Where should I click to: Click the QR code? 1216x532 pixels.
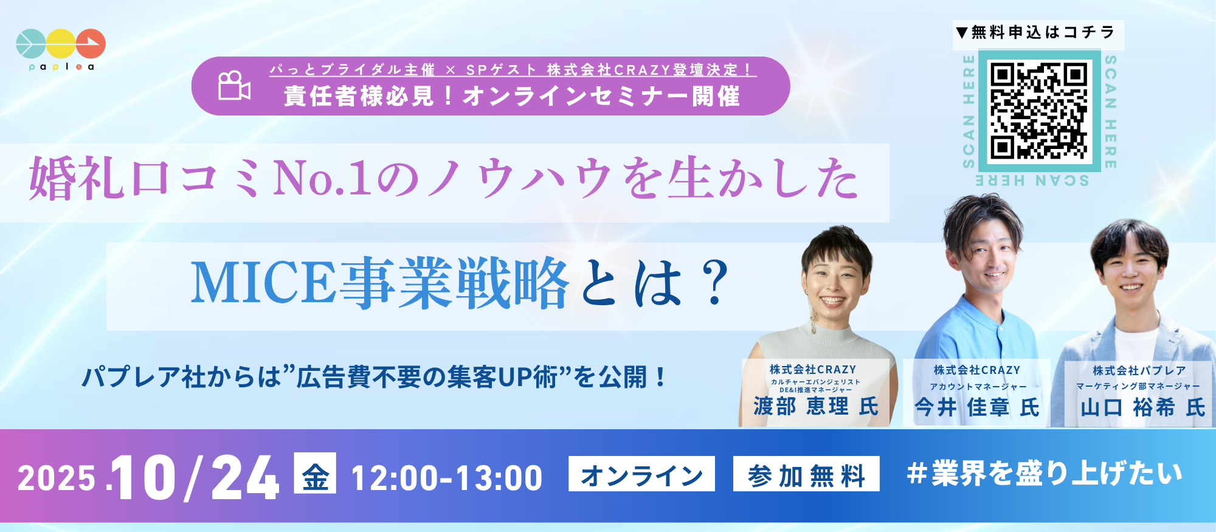1038,111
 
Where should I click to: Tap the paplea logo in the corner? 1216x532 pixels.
61,49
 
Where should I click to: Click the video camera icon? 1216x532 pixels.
234,86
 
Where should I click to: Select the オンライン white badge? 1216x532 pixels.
641,474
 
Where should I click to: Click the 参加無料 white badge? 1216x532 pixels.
806,474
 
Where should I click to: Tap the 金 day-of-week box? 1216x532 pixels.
315,473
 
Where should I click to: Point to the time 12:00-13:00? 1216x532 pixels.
447,478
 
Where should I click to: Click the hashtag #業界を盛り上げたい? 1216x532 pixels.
1045,474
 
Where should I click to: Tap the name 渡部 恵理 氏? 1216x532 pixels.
816,407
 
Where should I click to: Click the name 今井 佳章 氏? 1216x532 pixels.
977,407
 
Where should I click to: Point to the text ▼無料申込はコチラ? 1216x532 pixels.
1035,32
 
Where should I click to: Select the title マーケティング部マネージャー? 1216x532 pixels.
1138,386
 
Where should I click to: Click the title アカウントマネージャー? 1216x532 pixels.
978,387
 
